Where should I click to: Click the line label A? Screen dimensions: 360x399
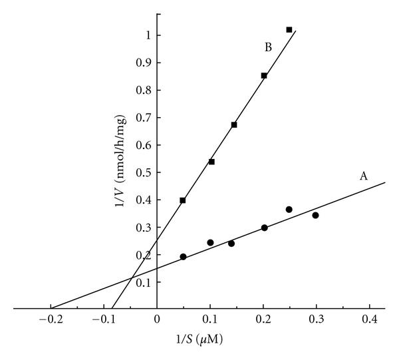(364, 176)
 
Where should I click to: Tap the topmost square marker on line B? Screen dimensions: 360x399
(289, 29)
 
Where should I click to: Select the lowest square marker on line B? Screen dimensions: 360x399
(183, 200)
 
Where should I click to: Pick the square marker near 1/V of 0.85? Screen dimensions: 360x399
(264, 76)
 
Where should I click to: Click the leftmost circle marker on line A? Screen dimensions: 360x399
(183, 257)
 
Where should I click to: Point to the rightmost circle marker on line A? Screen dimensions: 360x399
(315, 216)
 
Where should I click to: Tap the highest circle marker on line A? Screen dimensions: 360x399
(289, 210)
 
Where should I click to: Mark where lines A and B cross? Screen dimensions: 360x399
(130, 278)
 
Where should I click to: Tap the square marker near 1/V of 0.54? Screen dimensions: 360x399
(211, 162)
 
